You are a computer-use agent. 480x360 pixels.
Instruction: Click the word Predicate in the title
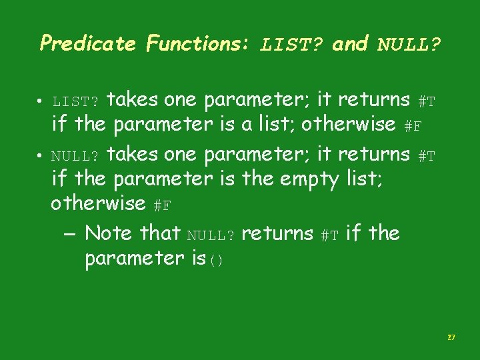click(87, 44)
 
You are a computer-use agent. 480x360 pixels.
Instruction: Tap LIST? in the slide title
click(292, 45)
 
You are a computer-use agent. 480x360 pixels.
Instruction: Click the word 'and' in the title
click(350, 44)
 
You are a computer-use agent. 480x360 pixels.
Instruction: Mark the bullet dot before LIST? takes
click(41, 102)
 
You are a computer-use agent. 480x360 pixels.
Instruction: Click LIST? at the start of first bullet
click(76, 102)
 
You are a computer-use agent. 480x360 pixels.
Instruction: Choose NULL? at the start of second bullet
click(76, 157)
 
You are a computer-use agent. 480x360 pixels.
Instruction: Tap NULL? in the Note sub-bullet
click(211, 235)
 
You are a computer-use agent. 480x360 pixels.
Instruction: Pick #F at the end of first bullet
click(413, 126)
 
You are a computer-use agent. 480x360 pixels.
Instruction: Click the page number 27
click(451, 338)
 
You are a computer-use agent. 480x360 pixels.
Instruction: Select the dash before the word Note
click(71, 234)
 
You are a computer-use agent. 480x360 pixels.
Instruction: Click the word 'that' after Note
click(161, 233)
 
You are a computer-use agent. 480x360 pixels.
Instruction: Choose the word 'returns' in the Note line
click(277, 233)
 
